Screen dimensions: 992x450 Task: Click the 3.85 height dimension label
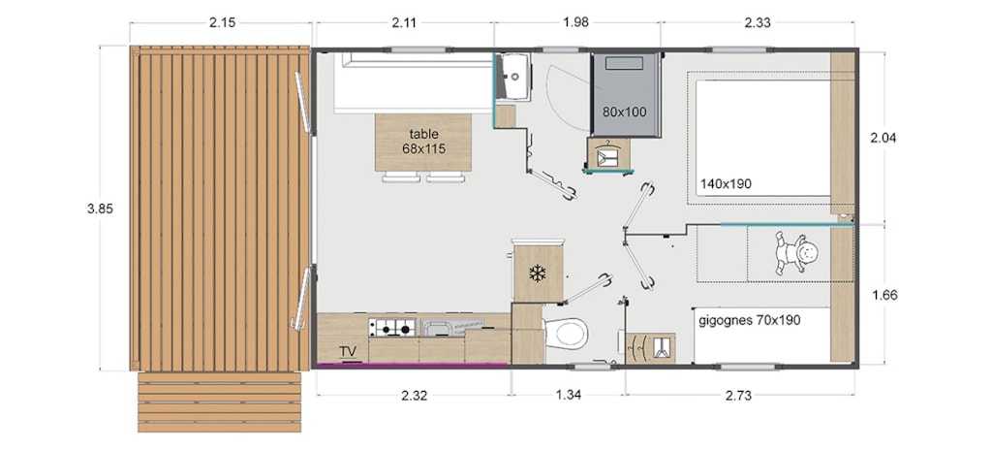(100, 209)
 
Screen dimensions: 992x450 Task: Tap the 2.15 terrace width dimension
(222, 23)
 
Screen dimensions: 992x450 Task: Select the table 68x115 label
(424, 142)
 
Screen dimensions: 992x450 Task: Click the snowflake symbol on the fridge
(537, 273)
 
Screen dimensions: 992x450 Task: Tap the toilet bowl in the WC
(566, 333)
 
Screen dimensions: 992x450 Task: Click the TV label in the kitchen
(348, 352)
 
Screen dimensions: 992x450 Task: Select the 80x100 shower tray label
(625, 112)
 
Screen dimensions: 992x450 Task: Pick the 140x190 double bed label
(726, 184)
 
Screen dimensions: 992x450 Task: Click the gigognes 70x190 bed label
(750, 321)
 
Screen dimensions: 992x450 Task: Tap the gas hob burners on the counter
(392, 329)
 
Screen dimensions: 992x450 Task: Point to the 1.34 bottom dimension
(569, 396)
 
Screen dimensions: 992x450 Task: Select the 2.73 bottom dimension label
(738, 396)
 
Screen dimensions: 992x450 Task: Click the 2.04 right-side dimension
(883, 138)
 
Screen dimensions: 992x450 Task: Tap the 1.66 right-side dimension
(884, 296)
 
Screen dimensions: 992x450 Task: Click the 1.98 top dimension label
(575, 23)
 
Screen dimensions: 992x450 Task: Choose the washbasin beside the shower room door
(513, 77)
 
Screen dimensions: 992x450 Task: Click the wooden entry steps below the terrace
(220, 402)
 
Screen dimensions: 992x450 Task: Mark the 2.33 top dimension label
(758, 23)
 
